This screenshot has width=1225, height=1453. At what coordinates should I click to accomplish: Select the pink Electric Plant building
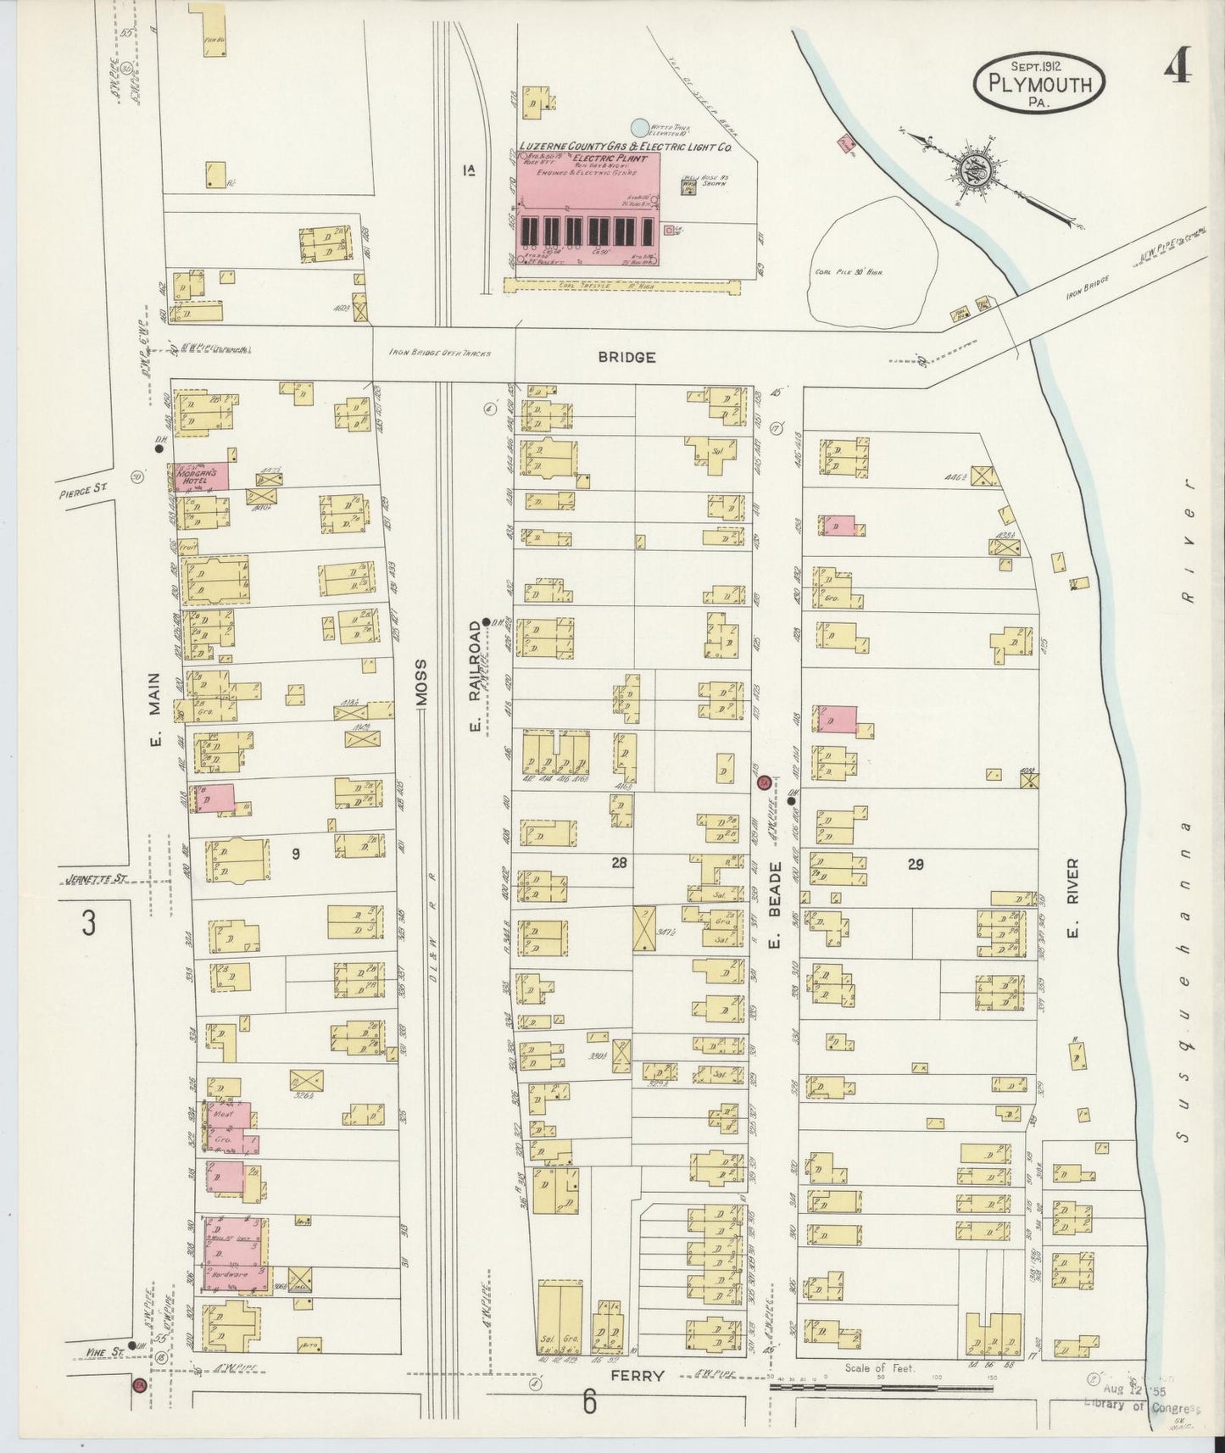pyautogui.click(x=589, y=209)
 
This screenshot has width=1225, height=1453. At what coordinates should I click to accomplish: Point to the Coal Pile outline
pyautogui.click(x=872, y=260)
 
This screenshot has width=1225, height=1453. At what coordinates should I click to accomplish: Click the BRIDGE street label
pyautogui.click(x=626, y=358)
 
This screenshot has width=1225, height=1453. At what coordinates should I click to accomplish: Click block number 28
pyautogui.click(x=619, y=862)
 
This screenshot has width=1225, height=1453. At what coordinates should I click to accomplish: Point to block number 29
pyautogui.click(x=915, y=864)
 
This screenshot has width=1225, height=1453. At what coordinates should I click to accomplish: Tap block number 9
pyautogui.click(x=295, y=855)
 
